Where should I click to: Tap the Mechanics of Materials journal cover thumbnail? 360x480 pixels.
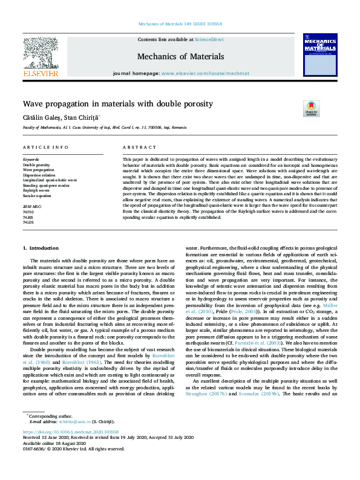pyautogui.click(x=319, y=55)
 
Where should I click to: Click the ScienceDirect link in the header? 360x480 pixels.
pyautogui.click(x=208, y=39)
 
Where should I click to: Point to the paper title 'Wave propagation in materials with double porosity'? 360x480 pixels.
pyautogui.click(x=118, y=104)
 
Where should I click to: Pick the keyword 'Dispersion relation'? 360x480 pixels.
pyautogui.click(x=36, y=175)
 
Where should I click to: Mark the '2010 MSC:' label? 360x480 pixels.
pyautogui.click(x=32, y=207)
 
